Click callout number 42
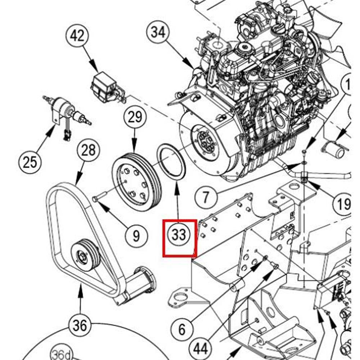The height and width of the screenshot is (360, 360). [x=77, y=36]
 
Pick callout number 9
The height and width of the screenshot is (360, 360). [x=136, y=236]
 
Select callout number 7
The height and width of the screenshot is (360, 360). [x=205, y=197]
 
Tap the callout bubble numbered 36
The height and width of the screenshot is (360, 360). [x=80, y=326]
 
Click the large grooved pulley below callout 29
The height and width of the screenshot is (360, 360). [x=137, y=182]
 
